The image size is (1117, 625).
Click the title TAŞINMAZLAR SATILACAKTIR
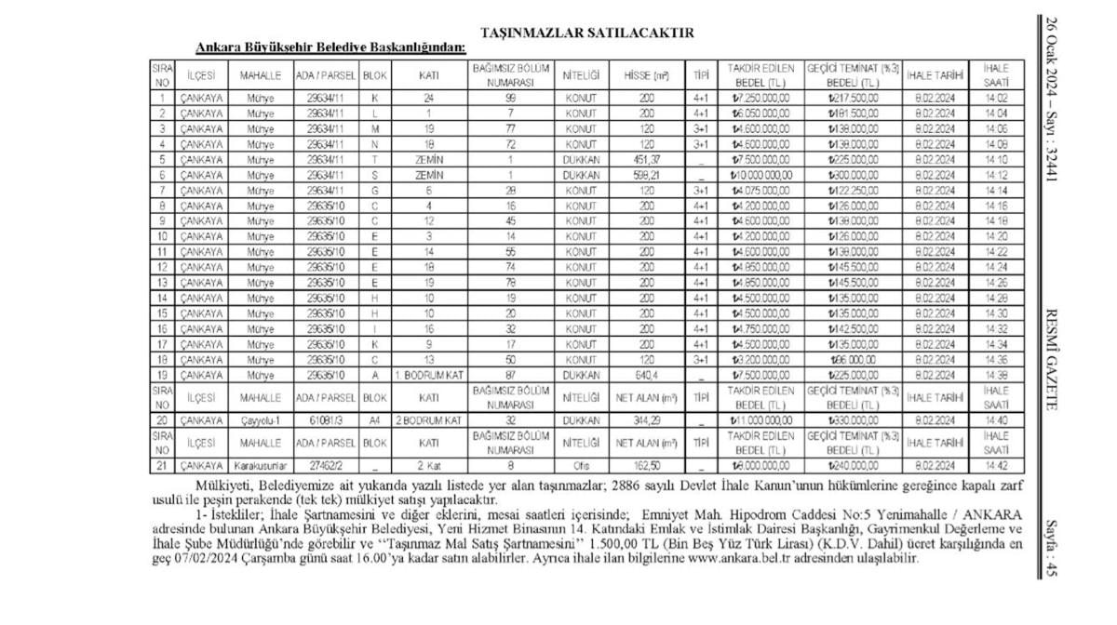click(x=587, y=33)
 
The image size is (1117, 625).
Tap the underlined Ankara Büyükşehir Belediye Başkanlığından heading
click(x=330, y=47)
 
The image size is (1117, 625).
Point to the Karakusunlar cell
click(x=260, y=464)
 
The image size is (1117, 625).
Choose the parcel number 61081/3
click(x=325, y=420)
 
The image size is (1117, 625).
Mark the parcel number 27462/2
click(x=325, y=464)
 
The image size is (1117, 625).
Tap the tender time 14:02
click(x=995, y=98)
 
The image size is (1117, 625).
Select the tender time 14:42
click(x=995, y=464)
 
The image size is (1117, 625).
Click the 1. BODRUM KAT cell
click(x=428, y=374)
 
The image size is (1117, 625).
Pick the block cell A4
click(x=374, y=420)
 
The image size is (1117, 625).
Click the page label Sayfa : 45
click(x=1052, y=549)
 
